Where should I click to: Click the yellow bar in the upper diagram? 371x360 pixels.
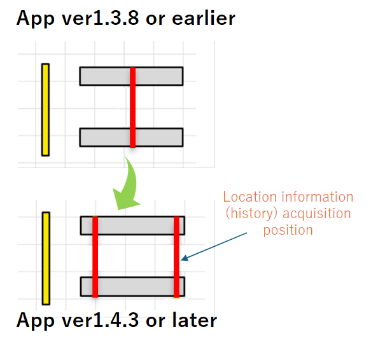[x=45, y=110]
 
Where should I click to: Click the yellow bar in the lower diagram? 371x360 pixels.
[x=46, y=258]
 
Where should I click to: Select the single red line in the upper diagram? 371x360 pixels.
[x=133, y=107]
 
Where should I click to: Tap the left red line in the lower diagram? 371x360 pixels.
[x=95, y=257]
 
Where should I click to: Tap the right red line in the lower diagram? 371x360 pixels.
[x=176, y=257]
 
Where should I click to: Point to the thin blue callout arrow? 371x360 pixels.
[x=214, y=246]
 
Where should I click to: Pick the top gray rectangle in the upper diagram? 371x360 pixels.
[x=131, y=76]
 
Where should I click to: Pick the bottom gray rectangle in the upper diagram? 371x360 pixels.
[x=131, y=137]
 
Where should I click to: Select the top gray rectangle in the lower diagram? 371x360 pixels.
[x=132, y=225]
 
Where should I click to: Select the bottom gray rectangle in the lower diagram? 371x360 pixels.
[x=132, y=287]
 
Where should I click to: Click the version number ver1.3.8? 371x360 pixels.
[x=100, y=18]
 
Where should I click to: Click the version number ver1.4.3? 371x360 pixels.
[x=100, y=321]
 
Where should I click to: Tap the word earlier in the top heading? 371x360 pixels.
[x=204, y=18]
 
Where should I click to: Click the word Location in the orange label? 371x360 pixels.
[x=250, y=197]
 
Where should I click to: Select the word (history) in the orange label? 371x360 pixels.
[x=251, y=214]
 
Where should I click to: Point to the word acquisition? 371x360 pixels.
[x=316, y=214]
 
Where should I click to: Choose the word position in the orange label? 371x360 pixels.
[x=288, y=230]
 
